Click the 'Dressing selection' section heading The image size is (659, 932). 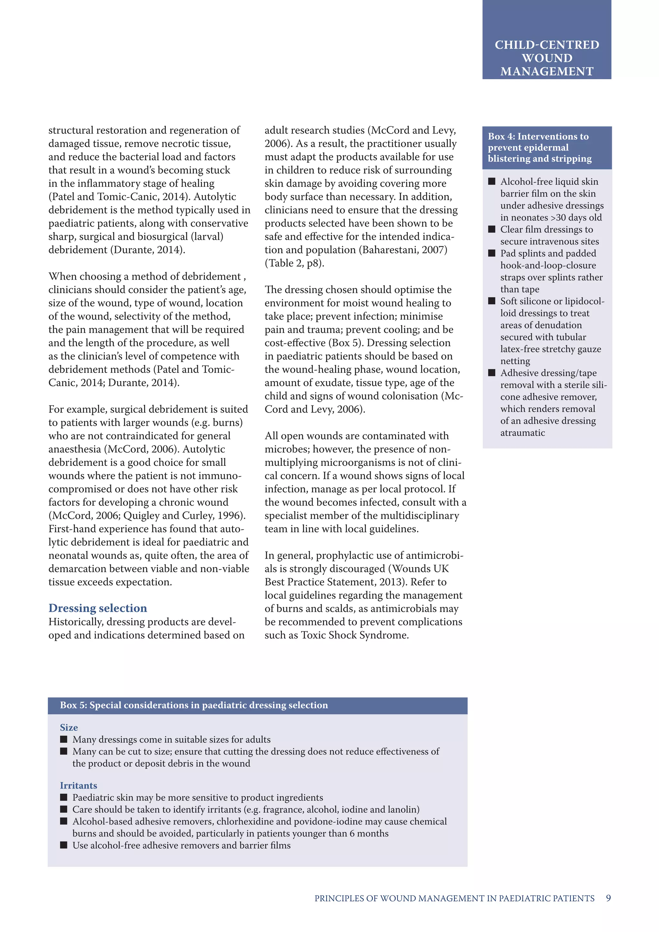tap(97, 608)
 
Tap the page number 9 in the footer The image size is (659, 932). tap(608, 898)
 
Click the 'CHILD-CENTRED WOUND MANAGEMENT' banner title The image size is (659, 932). tap(547, 58)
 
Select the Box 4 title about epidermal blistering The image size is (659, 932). tap(539, 147)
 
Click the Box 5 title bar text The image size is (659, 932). tap(194, 705)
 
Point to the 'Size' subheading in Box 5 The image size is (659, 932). tap(69, 727)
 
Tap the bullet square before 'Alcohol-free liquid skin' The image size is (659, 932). tap(491, 181)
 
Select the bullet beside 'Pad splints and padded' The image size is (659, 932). tap(491, 253)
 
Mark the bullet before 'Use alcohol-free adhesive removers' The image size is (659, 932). tap(63, 845)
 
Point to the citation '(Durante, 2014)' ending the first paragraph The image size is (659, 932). tap(148, 250)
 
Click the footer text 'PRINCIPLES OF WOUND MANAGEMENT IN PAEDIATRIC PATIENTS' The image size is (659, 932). tap(454, 898)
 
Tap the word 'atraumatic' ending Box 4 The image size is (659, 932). tap(522, 433)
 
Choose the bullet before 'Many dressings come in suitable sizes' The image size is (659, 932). tap(63, 739)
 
